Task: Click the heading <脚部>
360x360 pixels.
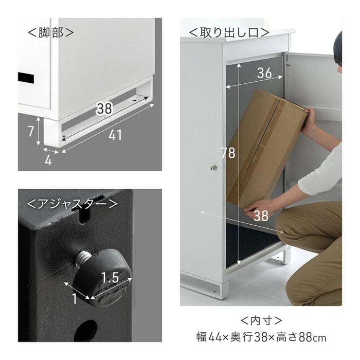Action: [50, 32]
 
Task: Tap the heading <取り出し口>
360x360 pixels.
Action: [228, 32]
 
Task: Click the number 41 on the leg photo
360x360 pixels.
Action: [115, 135]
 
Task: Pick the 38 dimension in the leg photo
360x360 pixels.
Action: [104, 109]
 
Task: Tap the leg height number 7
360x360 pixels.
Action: [31, 131]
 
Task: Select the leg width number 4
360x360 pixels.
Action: [48, 160]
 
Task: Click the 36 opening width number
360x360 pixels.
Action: [264, 74]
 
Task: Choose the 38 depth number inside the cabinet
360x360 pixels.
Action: [261, 216]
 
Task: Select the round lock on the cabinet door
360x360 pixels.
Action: [213, 168]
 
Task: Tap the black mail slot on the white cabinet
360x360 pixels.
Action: [26, 78]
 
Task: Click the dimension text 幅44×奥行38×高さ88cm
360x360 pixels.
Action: [261, 338]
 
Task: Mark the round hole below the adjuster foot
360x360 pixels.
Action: [86, 331]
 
